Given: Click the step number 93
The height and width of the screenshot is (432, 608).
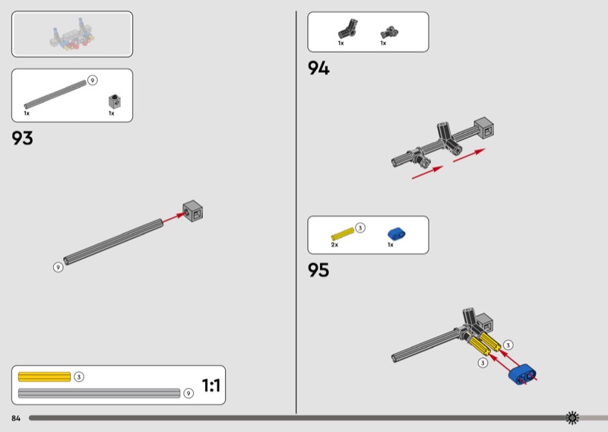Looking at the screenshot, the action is coord(23,138).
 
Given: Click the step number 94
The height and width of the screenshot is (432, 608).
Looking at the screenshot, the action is coord(318,68).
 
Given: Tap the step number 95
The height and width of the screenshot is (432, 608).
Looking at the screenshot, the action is coord(318,270).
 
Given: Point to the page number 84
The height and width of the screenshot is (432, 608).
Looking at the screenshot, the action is coord(16,418).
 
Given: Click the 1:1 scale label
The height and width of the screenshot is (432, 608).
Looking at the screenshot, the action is coord(211,386).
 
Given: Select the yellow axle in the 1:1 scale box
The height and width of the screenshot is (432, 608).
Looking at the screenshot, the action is coord(44,377).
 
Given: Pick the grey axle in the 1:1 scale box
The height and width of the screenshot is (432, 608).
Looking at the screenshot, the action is coord(100,393).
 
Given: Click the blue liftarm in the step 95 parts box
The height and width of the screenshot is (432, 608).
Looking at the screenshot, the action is coord(396,234).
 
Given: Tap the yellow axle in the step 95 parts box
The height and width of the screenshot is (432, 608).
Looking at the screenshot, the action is coord(343,233).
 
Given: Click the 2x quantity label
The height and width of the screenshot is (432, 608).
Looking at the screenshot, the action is coord(334,245).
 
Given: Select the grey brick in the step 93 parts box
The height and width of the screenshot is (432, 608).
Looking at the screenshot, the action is coord(115,101).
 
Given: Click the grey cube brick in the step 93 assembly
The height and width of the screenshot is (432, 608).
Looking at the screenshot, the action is coord(193,211).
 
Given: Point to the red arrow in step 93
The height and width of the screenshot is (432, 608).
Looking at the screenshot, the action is coord(173,218).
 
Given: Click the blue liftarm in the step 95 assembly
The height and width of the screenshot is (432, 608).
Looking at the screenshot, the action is coord(522,374).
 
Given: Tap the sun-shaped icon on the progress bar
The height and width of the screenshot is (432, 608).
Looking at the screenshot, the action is coord(572,418).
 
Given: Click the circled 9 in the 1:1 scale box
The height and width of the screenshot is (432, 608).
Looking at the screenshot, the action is coord(188,393).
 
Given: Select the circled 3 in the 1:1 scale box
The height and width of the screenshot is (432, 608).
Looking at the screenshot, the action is coord(79,377).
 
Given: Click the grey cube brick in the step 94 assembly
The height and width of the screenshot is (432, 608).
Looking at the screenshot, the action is coord(484,128).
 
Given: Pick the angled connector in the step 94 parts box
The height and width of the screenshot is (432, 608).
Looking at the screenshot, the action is coord(348,29).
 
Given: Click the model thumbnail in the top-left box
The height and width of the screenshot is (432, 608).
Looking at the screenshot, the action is coord(72,34).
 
